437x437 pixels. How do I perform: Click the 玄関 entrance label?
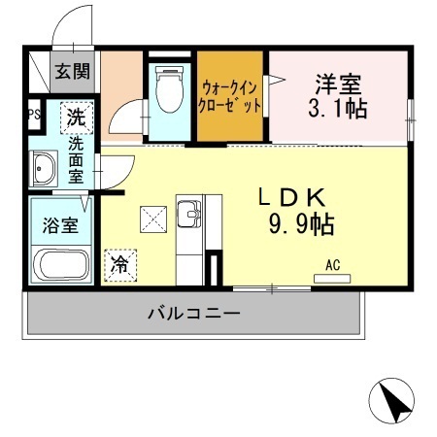pyautogui.click(x=73, y=71)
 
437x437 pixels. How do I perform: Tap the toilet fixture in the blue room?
pyautogui.click(x=171, y=91)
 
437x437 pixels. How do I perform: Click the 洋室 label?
pyautogui.click(x=338, y=82)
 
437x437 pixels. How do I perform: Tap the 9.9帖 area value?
pyautogui.click(x=301, y=226)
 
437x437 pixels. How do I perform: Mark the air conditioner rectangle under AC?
pyautogui.click(x=332, y=279)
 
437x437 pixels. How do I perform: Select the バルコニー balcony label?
pyautogui.click(x=194, y=315)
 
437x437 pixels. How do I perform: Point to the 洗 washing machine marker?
pyautogui.click(x=77, y=119)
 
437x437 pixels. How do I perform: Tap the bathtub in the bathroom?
pyautogui.click(x=61, y=264)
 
